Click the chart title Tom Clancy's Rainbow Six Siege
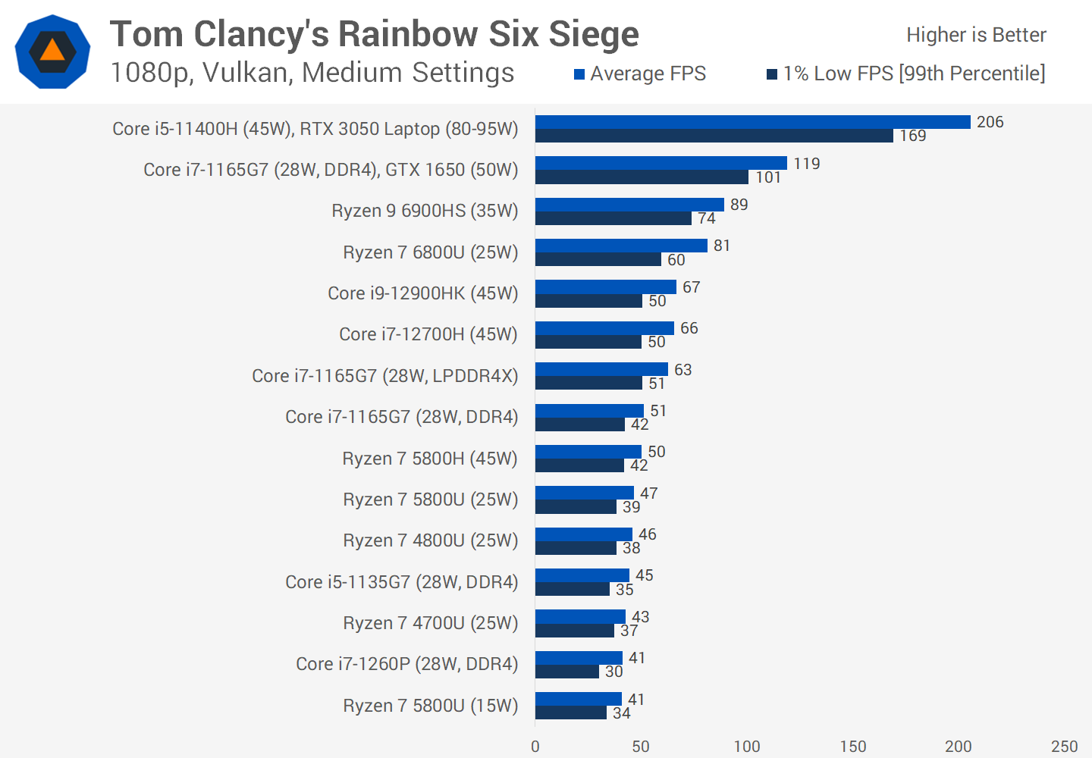click(x=375, y=35)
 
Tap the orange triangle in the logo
click(x=52, y=51)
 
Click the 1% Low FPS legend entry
click(x=905, y=74)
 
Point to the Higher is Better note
click(x=976, y=35)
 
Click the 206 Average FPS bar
click(x=752, y=122)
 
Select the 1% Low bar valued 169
click(x=714, y=136)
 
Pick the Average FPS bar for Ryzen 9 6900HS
click(x=629, y=205)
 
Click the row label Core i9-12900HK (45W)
click(x=422, y=293)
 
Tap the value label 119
click(x=806, y=164)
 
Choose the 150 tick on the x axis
click(x=852, y=747)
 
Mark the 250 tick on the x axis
click(x=1064, y=747)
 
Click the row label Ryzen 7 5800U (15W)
click(x=430, y=706)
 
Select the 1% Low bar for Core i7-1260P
click(x=567, y=672)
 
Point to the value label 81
click(x=722, y=246)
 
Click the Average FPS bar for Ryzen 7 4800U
click(x=584, y=534)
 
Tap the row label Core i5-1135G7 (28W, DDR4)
click(x=401, y=582)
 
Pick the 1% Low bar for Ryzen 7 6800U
click(x=598, y=259)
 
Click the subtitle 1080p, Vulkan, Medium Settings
click(x=312, y=73)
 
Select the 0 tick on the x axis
click(x=535, y=747)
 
